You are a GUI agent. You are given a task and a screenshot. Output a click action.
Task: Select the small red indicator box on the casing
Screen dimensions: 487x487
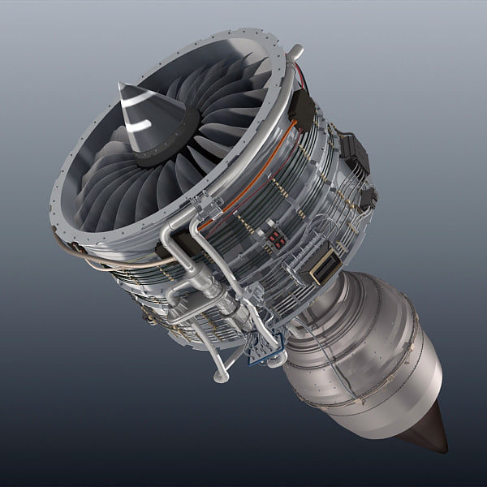coord(275,238)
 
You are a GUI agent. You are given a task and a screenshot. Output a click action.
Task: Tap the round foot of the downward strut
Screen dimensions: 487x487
coord(219,377)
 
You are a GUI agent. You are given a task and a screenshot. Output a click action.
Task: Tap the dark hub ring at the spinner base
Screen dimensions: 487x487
coord(166,142)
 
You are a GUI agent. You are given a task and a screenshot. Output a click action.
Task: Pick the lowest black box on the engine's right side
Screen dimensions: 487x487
coord(368,197)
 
